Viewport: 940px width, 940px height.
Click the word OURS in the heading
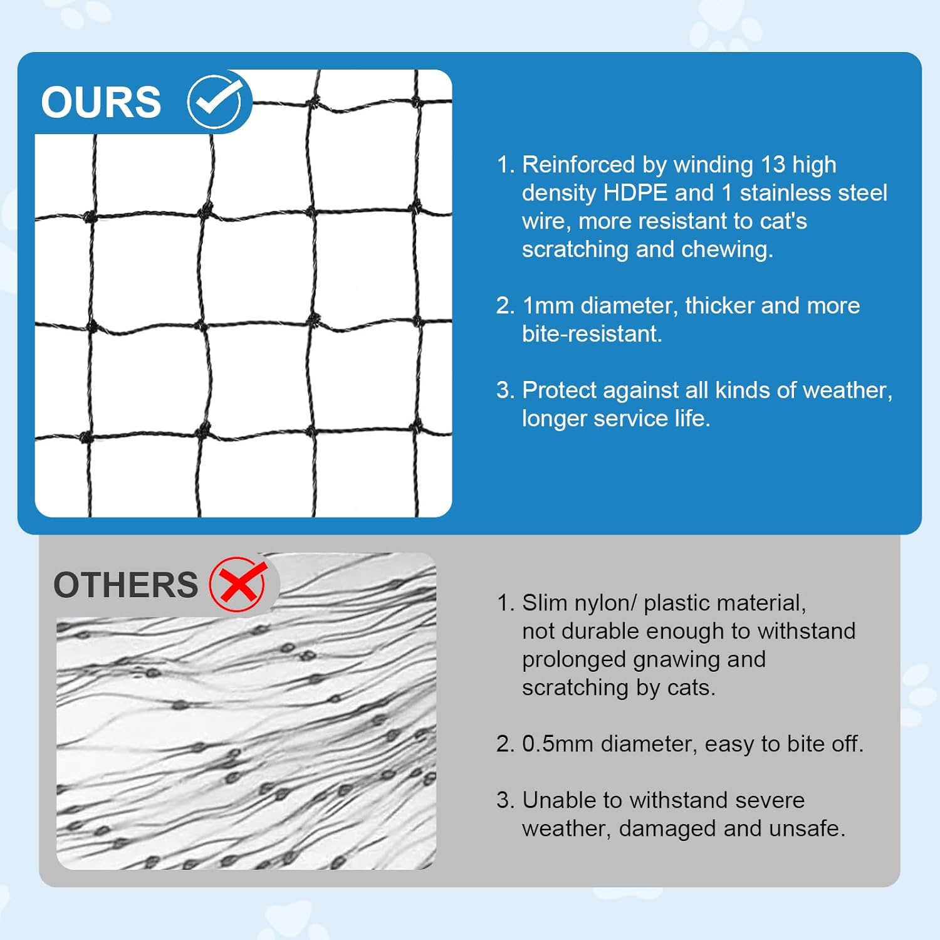click(101, 102)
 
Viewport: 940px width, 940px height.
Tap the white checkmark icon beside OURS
click(215, 102)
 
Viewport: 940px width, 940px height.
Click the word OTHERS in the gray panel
click(125, 585)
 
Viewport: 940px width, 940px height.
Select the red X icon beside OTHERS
click(238, 584)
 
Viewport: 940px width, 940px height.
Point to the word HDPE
click(635, 192)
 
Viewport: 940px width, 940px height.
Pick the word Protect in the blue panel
click(558, 390)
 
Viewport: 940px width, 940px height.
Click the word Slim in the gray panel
click(545, 603)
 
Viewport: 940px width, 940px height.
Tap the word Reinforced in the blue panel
click(578, 164)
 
